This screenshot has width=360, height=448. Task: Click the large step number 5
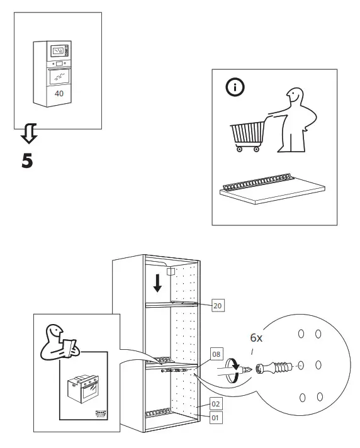(27, 160)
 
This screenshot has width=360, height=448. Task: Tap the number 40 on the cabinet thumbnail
(59, 93)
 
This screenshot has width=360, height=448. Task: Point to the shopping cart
(247, 135)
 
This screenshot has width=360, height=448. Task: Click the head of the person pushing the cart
(294, 98)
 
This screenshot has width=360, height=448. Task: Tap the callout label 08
(216, 355)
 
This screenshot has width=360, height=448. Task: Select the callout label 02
(215, 404)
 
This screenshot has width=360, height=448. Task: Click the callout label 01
(215, 416)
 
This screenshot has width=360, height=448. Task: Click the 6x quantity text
(256, 338)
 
